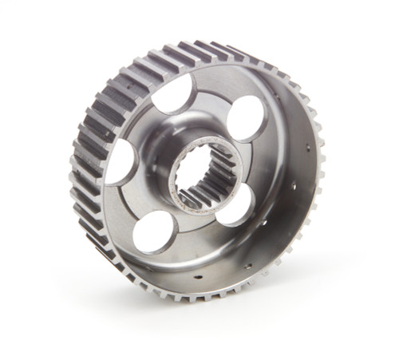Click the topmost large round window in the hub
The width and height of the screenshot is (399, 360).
[x=175, y=94]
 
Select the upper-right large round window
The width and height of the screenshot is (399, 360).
[x=246, y=118]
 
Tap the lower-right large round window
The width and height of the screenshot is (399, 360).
[x=235, y=205]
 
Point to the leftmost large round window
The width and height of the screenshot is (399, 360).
[x=120, y=162]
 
